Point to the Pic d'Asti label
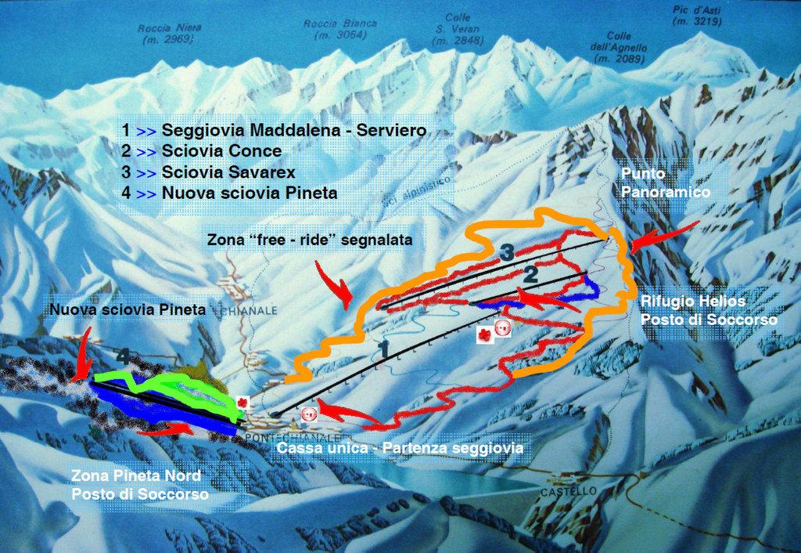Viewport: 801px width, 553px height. tap(696, 16)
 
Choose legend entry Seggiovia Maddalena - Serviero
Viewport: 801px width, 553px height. tap(274, 130)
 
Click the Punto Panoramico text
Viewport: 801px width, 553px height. tap(666, 181)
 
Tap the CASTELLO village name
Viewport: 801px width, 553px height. tap(569, 491)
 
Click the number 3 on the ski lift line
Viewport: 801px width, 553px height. tap(507, 252)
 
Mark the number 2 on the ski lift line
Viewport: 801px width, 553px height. tap(530, 274)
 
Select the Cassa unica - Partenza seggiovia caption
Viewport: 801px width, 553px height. tap(400, 449)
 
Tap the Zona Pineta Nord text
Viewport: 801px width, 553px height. tap(135, 475)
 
